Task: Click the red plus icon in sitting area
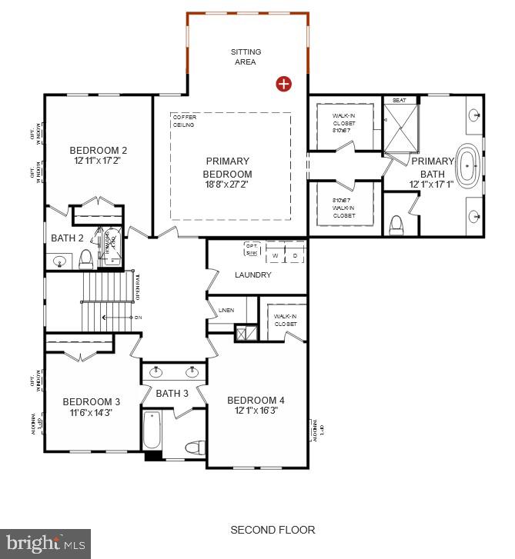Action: (x=284, y=84)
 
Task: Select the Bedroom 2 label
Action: (x=98, y=151)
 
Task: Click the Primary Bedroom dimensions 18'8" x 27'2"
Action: (x=228, y=185)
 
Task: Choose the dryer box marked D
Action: (x=294, y=255)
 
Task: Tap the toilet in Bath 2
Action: (x=86, y=258)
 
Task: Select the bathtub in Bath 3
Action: (x=152, y=431)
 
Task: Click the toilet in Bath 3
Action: (x=195, y=447)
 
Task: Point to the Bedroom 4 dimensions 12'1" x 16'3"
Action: (x=256, y=411)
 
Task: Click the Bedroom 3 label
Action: (x=91, y=401)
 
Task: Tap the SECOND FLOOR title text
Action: (x=273, y=530)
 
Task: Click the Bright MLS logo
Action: (x=45, y=543)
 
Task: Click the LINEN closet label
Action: (x=226, y=311)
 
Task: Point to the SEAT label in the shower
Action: (x=400, y=100)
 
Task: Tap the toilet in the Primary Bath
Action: (x=397, y=224)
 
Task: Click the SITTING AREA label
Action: (x=246, y=57)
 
